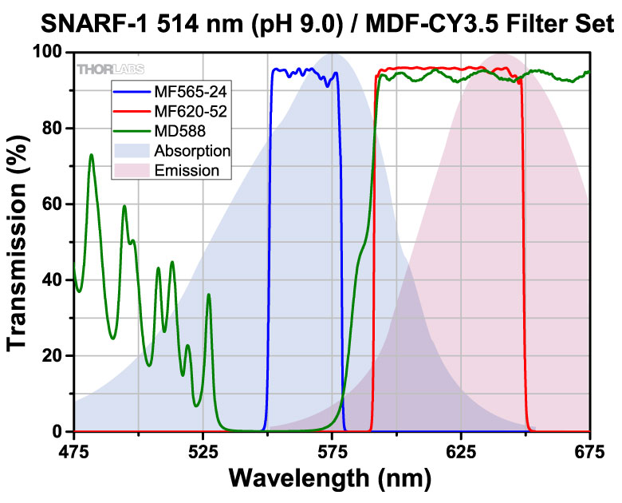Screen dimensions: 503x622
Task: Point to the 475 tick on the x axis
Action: point(73,452)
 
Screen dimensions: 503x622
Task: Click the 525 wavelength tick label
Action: point(203,452)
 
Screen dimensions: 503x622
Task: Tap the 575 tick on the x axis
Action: point(332,452)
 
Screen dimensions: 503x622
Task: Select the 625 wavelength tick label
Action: point(461,452)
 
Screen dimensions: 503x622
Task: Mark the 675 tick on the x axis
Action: point(589,452)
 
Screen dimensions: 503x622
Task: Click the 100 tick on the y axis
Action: point(49,52)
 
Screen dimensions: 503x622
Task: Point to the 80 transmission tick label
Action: point(55,128)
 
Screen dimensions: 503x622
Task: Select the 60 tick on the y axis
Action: point(55,204)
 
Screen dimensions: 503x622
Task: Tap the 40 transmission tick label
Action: point(55,279)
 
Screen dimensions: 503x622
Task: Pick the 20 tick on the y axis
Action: point(55,355)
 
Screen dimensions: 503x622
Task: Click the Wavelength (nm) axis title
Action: point(331,479)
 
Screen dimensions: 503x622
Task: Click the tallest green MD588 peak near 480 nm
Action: point(91,155)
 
